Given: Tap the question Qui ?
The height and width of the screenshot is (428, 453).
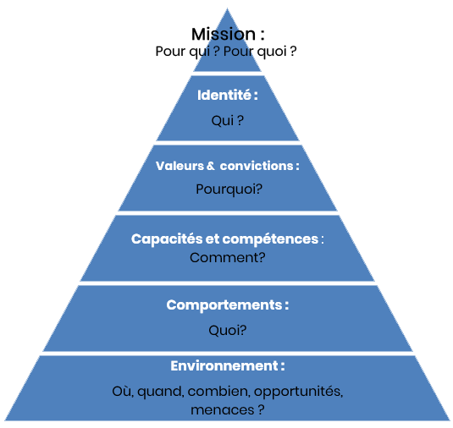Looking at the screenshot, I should click(227, 121).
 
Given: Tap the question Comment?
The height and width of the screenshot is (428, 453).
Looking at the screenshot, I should click(227, 258).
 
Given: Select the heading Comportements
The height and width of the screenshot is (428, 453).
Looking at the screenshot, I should click(224, 305).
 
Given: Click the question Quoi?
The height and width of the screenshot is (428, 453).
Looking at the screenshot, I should click(227, 330).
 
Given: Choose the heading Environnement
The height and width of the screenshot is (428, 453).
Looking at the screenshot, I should click(224, 366).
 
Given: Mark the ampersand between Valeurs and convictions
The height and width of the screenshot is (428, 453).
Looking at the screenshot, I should click(210, 166).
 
